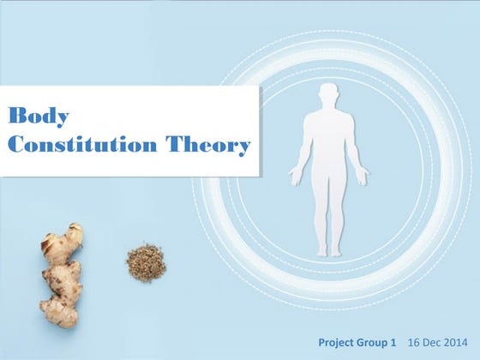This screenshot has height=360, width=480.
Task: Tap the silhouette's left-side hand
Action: tap(295, 178)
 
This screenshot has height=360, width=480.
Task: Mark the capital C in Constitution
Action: tap(16, 145)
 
